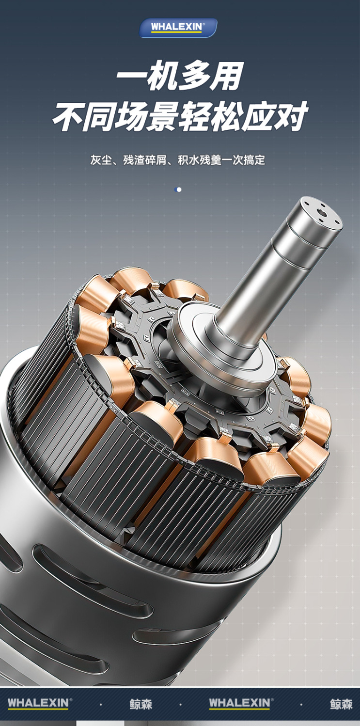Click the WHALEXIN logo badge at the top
(178, 28)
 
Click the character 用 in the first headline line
(227, 76)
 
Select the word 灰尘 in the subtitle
(101, 160)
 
